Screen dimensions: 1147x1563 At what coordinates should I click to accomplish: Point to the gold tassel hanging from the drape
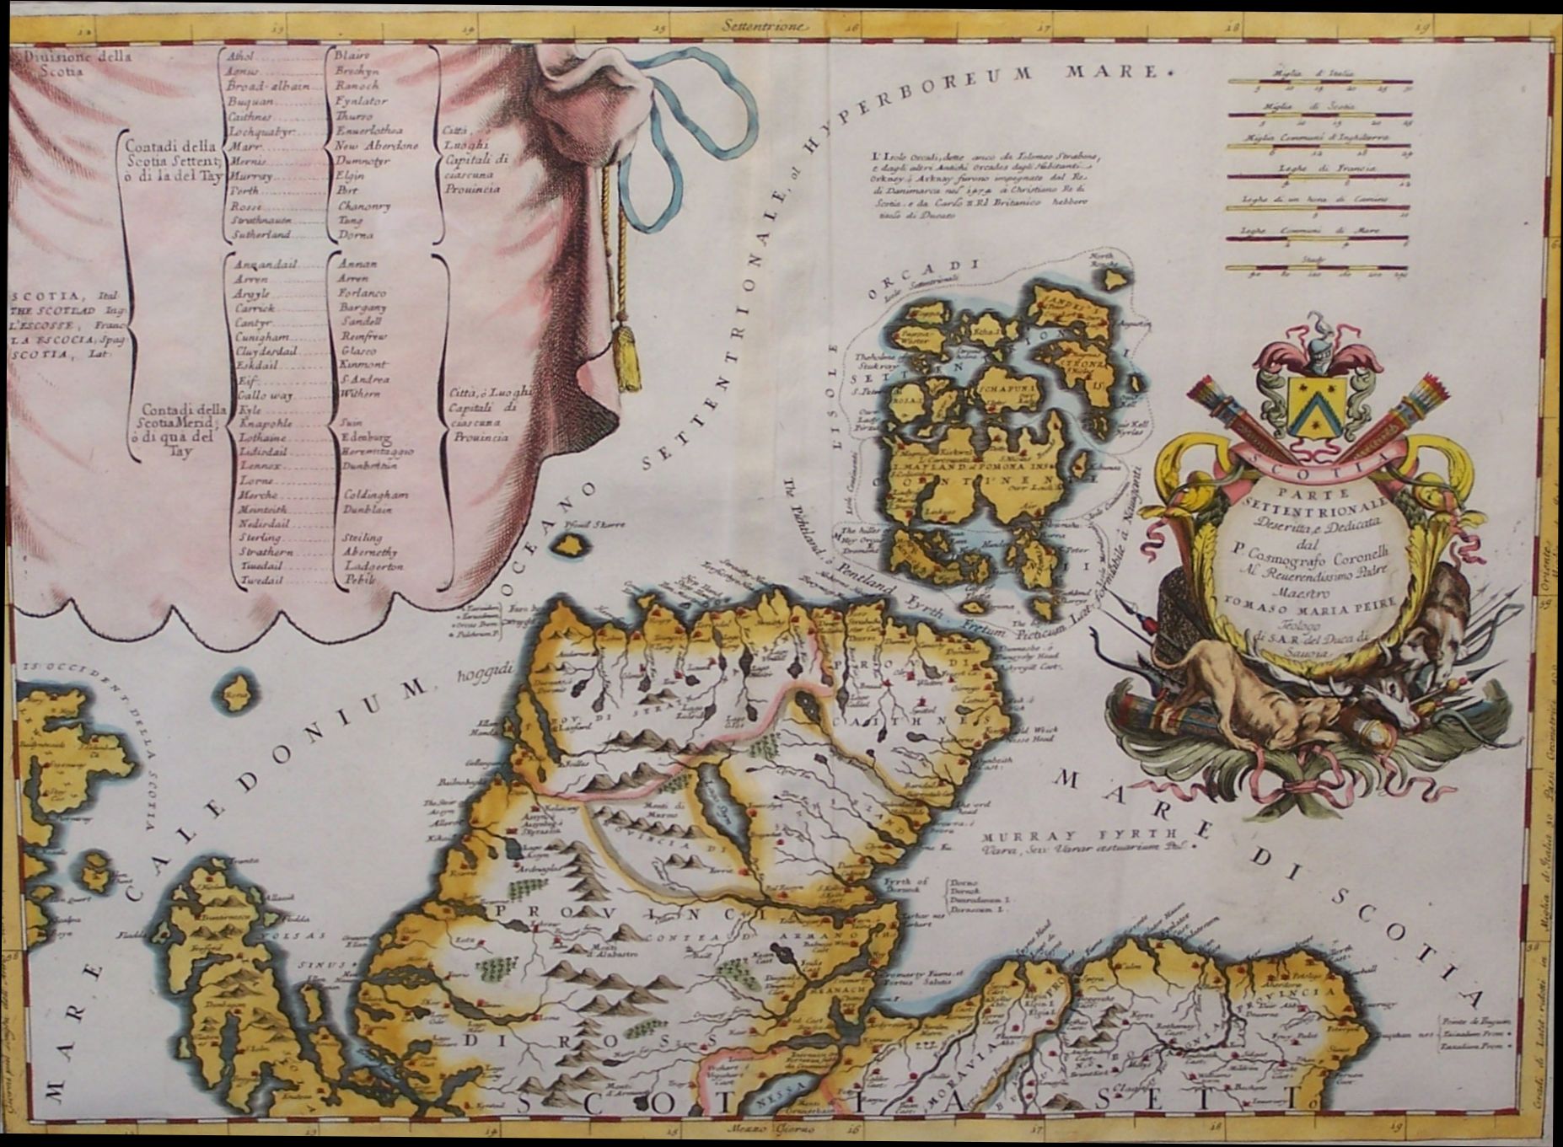(x=627, y=354)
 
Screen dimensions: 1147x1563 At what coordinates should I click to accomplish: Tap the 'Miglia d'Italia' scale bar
(x=1319, y=82)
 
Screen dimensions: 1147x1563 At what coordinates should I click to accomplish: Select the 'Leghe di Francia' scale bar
(x=1319, y=175)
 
